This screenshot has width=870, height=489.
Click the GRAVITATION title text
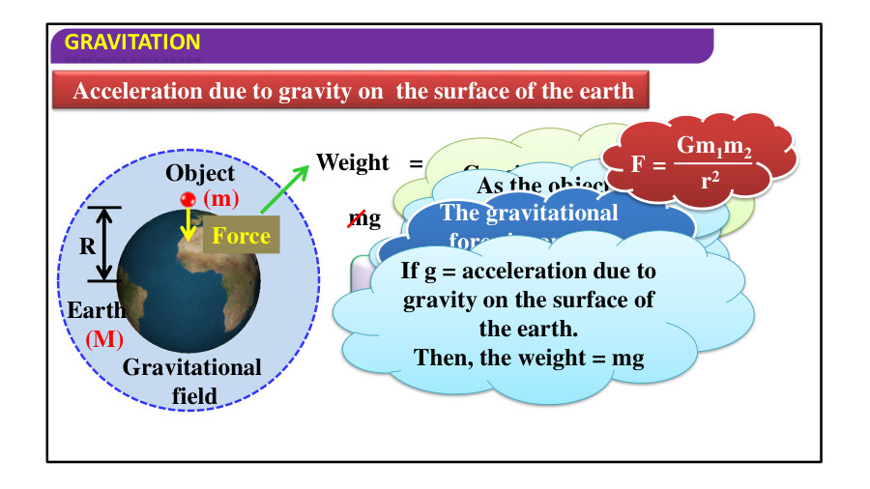(132, 42)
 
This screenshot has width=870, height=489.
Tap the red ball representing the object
(188, 199)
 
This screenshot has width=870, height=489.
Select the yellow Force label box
(241, 235)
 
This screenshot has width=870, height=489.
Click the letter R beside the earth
(87, 245)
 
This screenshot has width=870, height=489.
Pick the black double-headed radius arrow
(105, 244)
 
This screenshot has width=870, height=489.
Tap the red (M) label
(104, 339)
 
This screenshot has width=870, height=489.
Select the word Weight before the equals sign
(353, 162)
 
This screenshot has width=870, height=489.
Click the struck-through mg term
(364, 218)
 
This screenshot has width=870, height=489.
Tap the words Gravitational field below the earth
(192, 381)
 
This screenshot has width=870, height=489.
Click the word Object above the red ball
(200, 173)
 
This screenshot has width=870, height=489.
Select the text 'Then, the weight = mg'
(529, 357)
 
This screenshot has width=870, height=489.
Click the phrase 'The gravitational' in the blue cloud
(529, 214)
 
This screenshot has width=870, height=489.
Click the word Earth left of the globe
(96, 311)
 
